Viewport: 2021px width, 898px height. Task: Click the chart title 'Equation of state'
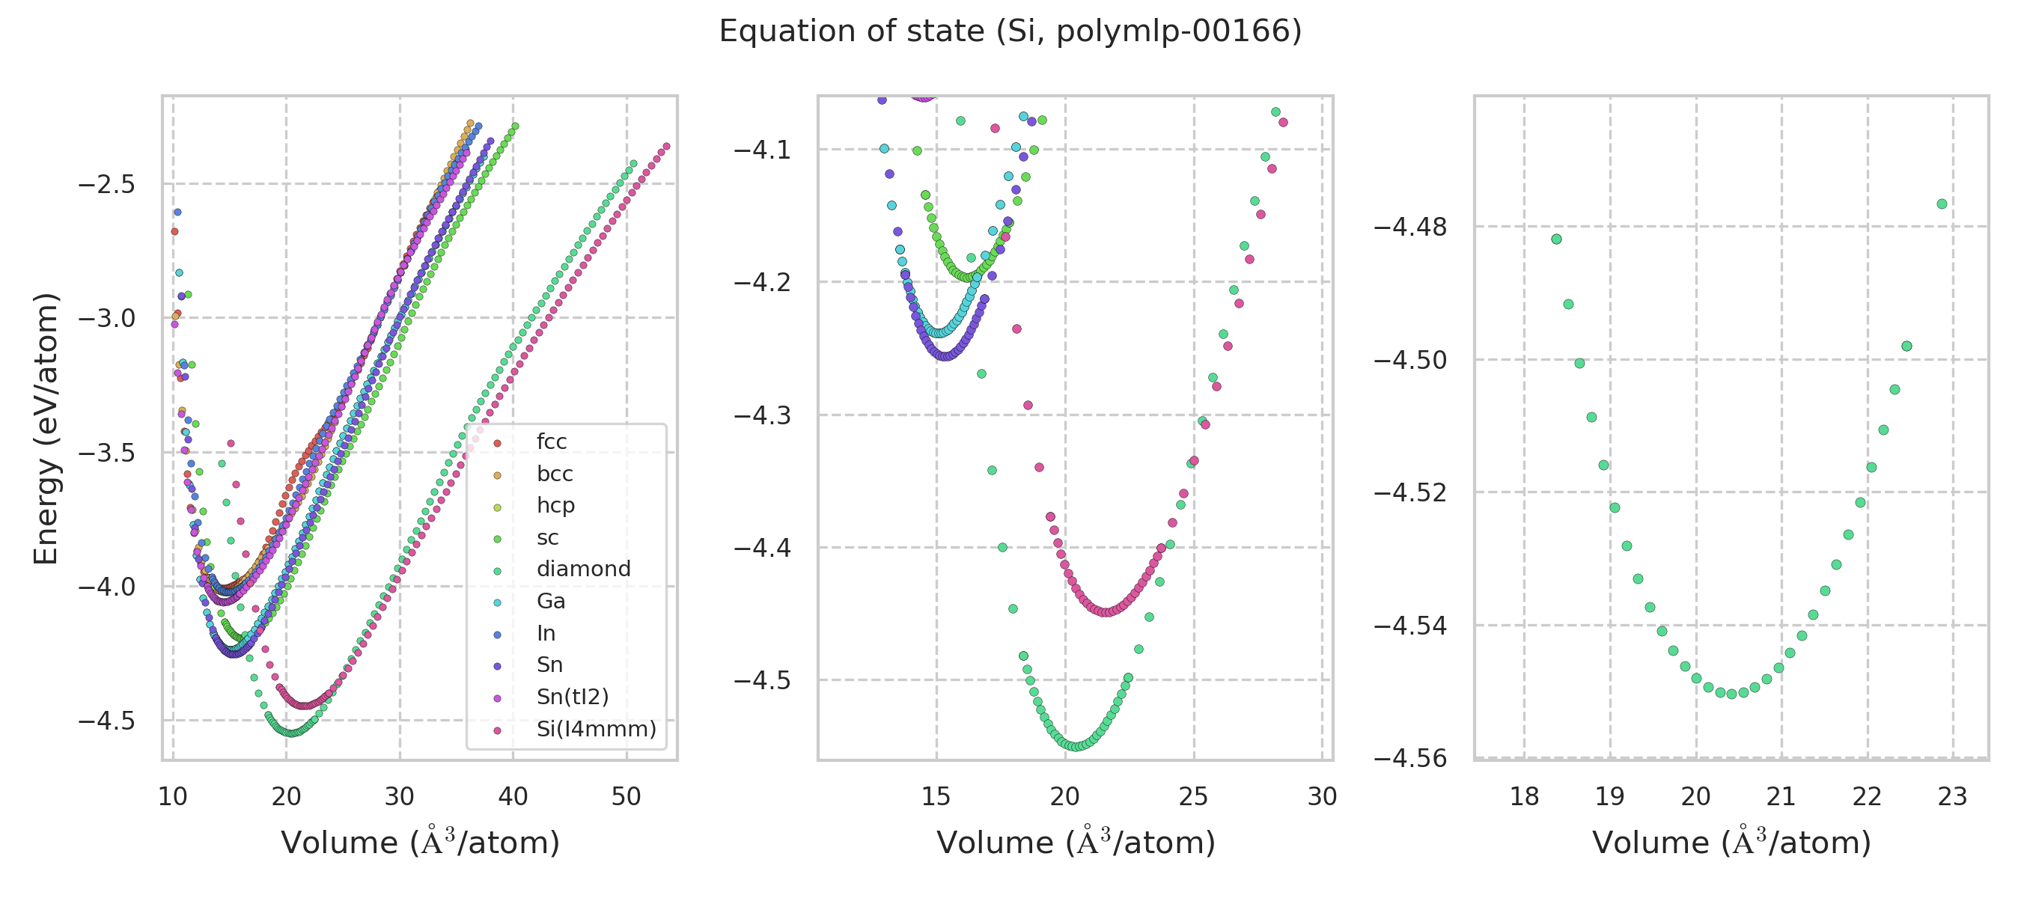pyautogui.click(x=1010, y=31)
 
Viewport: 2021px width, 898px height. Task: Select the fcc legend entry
pyautogui.click(x=551, y=442)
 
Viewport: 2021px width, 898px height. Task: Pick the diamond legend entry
pyautogui.click(x=583, y=569)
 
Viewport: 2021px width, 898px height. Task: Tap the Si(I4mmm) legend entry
pyautogui.click(x=596, y=730)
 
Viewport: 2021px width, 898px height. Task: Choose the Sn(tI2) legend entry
pyautogui.click(x=572, y=697)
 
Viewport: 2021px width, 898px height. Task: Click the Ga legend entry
pyautogui.click(x=551, y=602)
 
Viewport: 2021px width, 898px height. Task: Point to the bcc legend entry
pyautogui.click(x=554, y=474)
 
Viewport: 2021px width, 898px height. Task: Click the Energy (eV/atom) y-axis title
pyautogui.click(x=46, y=428)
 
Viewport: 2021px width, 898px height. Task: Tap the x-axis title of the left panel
pyautogui.click(x=420, y=843)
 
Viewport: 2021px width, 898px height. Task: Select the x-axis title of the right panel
pyautogui.click(x=1731, y=843)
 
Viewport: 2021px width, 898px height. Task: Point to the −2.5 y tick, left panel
pyautogui.click(x=107, y=185)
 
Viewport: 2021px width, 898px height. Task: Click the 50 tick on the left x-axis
pyautogui.click(x=626, y=797)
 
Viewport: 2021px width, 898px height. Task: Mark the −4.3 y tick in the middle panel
pyautogui.click(x=762, y=415)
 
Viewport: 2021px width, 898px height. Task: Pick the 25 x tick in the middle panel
pyautogui.click(x=1193, y=797)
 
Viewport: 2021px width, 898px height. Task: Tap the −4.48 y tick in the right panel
pyautogui.click(x=1410, y=227)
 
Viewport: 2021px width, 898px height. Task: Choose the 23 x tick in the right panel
pyautogui.click(x=1952, y=797)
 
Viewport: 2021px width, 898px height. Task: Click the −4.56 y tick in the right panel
pyautogui.click(x=1410, y=758)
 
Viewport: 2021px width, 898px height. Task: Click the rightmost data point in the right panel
pyautogui.click(x=1942, y=204)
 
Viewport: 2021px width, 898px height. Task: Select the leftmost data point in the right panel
pyautogui.click(x=1557, y=239)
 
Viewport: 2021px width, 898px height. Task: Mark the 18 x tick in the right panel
pyautogui.click(x=1525, y=797)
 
